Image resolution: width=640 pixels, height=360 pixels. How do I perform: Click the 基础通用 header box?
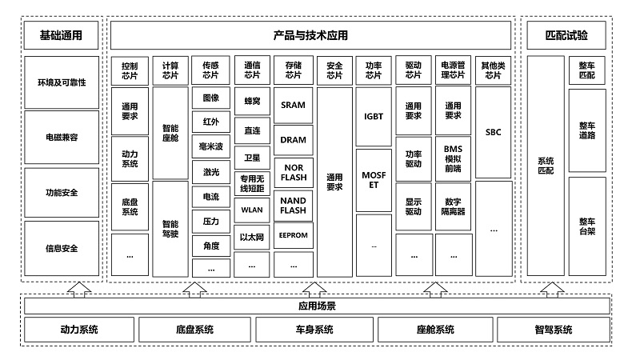point(62,35)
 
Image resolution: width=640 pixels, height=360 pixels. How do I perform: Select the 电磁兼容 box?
point(62,137)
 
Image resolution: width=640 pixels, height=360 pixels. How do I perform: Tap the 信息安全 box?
point(62,248)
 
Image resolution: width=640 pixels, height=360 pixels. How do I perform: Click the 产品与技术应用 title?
point(310,35)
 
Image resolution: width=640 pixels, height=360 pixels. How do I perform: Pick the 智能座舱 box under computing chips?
point(170,133)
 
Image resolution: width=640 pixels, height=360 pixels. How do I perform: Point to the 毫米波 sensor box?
point(211,146)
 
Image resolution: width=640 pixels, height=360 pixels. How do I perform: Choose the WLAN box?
point(252,210)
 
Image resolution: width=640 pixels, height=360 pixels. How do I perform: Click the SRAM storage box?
point(293,105)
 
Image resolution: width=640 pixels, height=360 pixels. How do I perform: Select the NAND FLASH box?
point(293,206)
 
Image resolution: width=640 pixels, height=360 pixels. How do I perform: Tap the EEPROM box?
point(293,235)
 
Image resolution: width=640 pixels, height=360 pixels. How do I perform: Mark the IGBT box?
point(374,116)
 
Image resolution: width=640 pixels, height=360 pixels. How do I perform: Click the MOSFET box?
point(374,180)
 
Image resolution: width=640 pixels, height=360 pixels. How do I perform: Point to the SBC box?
point(493,132)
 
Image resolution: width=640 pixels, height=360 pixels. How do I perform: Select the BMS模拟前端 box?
point(453,158)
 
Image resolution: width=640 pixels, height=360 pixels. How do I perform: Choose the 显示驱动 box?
point(413,206)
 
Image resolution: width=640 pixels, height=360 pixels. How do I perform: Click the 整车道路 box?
point(587,130)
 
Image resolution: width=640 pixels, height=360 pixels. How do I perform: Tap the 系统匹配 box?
point(546,166)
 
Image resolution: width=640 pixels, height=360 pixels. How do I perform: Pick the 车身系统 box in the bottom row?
point(314,330)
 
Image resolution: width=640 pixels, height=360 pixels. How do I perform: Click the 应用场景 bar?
point(317,306)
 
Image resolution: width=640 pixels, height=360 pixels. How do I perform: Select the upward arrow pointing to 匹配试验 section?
point(552,290)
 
